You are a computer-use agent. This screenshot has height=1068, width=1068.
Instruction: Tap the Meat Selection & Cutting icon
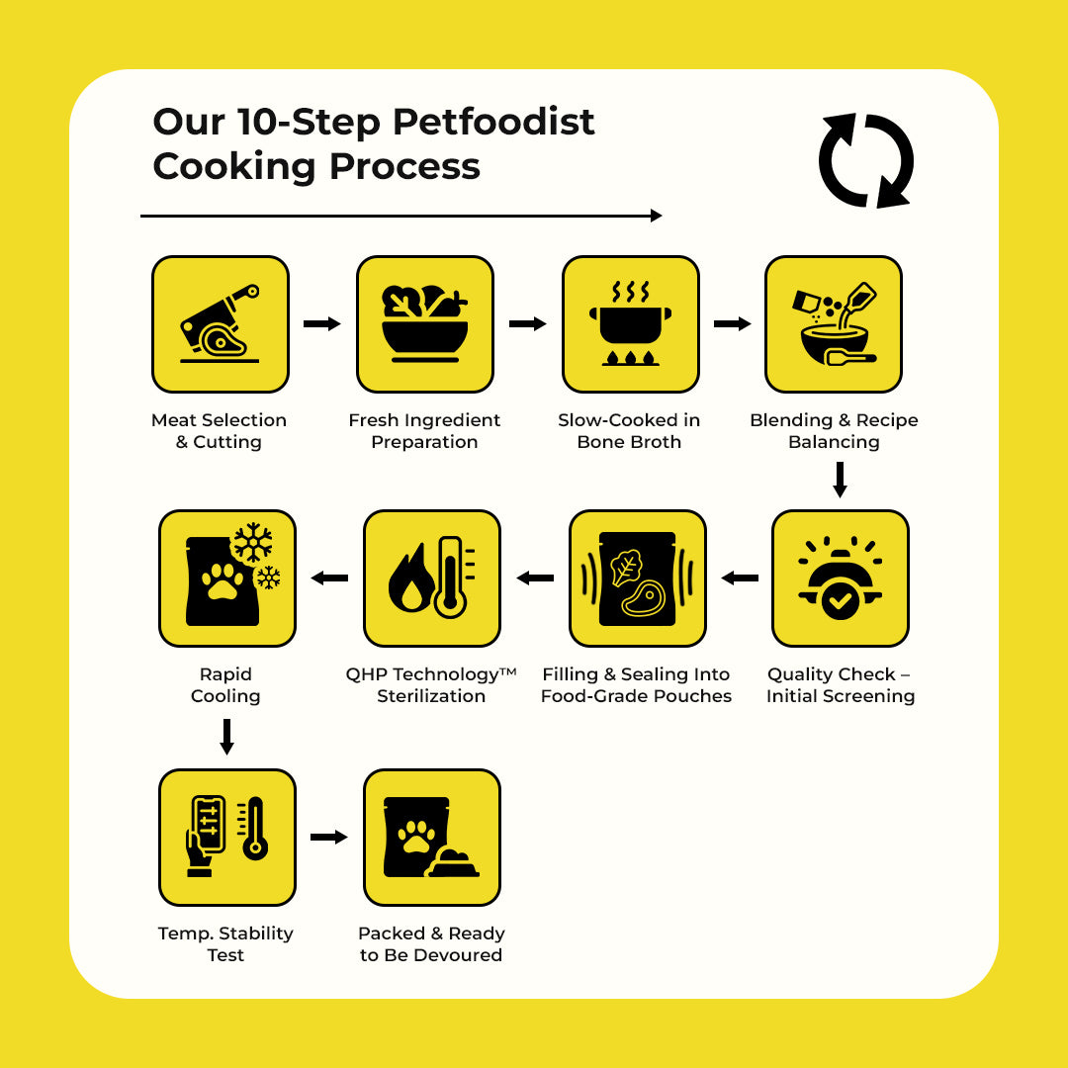click(220, 324)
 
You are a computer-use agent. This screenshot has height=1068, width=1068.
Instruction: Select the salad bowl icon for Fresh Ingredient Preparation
click(424, 324)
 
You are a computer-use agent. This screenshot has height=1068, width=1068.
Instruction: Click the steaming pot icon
click(630, 324)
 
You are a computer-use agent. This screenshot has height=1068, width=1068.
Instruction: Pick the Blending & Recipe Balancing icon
click(833, 324)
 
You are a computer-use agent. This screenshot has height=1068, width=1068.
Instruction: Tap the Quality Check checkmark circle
click(841, 600)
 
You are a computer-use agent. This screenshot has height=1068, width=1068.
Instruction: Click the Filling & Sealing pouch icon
click(637, 578)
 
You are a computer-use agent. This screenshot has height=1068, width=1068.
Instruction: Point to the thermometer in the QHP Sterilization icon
click(450, 577)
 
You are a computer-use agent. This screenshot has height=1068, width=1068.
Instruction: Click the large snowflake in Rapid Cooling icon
click(253, 543)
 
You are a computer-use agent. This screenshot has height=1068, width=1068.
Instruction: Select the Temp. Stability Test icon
click(226, 838)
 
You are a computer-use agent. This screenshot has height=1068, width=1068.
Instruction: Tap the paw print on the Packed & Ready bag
click(416, 838)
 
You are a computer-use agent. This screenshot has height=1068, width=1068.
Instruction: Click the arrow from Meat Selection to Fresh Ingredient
click(321, 323)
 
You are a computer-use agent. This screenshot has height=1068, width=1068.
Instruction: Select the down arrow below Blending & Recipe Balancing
click(840, 480)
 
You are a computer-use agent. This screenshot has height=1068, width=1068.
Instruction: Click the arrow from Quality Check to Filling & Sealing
click(740, 578)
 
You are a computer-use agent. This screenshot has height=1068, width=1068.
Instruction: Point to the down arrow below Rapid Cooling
click(226, 737)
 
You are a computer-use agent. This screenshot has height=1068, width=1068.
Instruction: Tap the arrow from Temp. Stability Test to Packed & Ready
click(329, 838)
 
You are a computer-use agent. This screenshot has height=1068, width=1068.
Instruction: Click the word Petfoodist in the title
click(493, 123)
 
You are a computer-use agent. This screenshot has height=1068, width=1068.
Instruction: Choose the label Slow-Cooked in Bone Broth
click(629, 430)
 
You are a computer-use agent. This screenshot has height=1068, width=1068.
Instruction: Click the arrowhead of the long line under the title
click(656, 216)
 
